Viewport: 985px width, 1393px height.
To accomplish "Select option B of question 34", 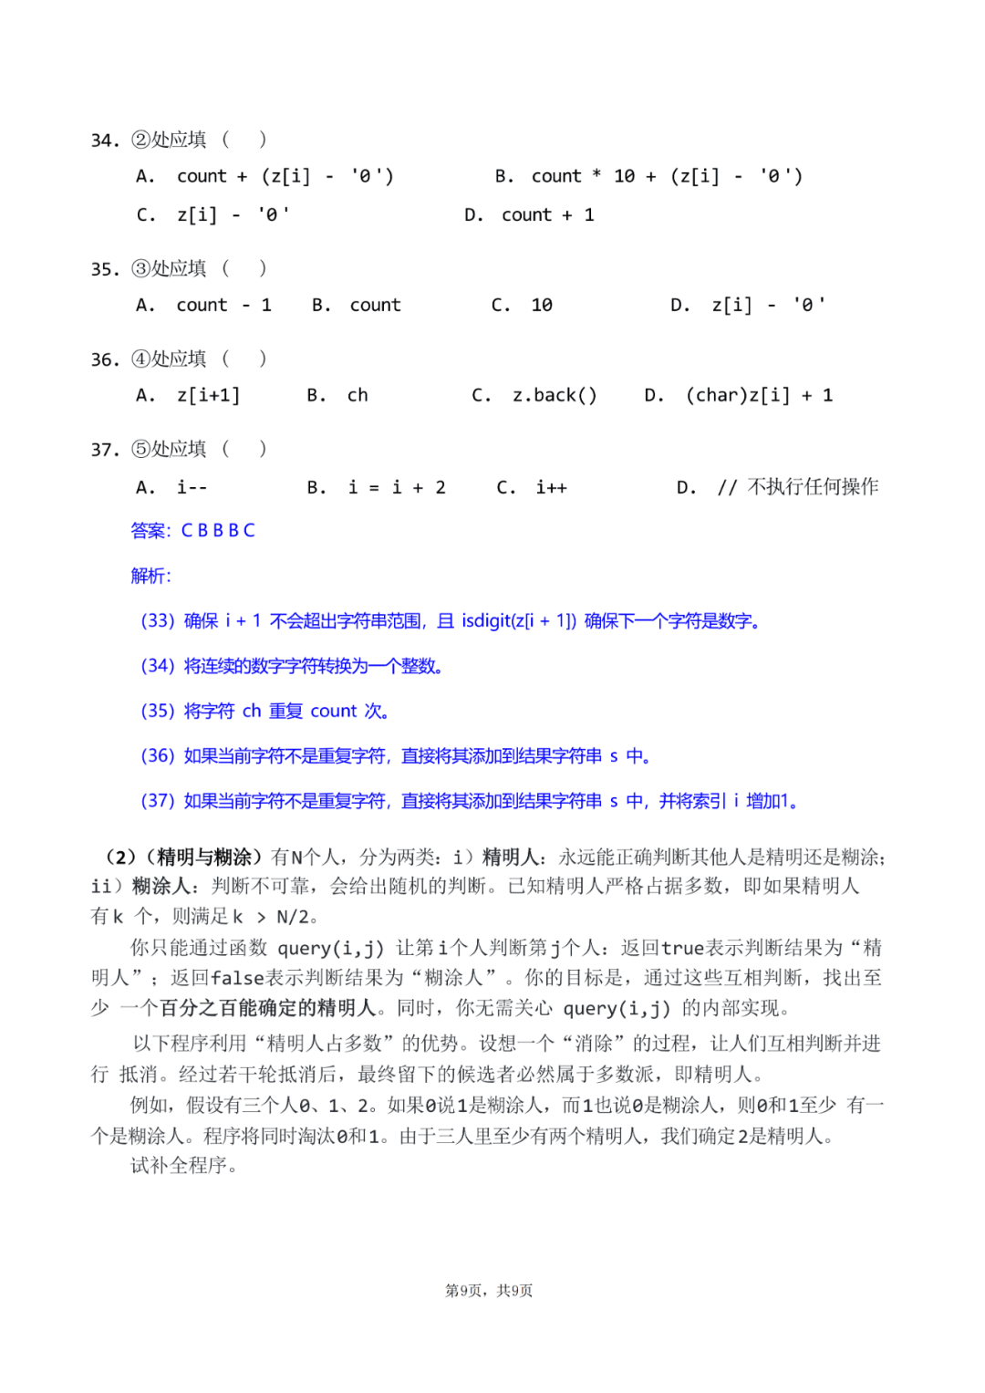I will pyautogui.click(x=648, y=176).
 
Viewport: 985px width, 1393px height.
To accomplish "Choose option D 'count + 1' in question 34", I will pyautogui.click(x=529, y=215).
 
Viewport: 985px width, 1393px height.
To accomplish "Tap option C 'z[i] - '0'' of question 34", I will pyautogui.click(x=213, y=215).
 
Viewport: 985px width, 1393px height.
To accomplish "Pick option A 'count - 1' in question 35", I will pyautogui.click(x=204, y=306).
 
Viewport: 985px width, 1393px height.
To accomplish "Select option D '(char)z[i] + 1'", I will pyautogui.click(x=739, y=396).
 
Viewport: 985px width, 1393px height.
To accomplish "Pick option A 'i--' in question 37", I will pyautogui.click(x=172, y=487).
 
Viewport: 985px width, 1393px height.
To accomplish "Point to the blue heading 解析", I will pyautogui.click(x=150, y=576).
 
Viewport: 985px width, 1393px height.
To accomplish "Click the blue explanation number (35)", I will pyautogui.click(x=157, y=711).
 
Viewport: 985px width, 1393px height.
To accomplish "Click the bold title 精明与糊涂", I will pyautogui.click(x=204, y=857).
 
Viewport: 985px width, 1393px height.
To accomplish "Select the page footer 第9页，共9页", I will pyautogui.click(x=489, y=1290).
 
